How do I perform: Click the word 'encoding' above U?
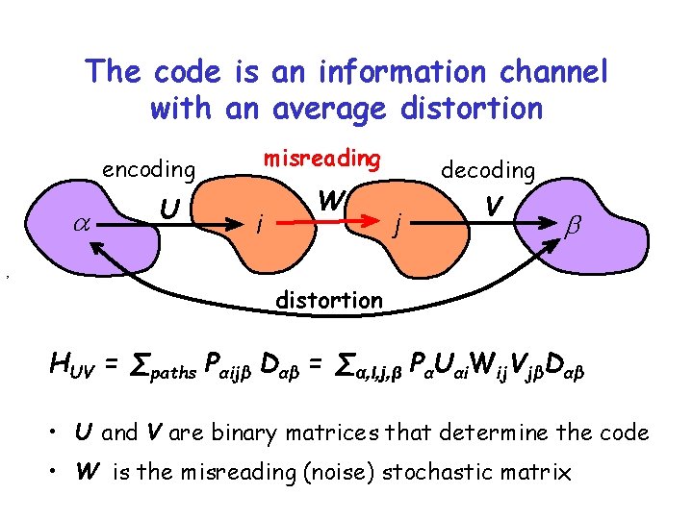coord(148,170)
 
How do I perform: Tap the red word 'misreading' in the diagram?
coord(322,158)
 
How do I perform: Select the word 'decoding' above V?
coord(488,170)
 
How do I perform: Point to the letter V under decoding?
coord(493,207)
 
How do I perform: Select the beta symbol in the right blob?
coord(576,224)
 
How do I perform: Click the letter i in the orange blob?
coord(255,225)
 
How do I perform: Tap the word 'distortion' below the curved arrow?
coord(328,300)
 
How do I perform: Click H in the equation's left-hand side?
coord(61,362)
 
